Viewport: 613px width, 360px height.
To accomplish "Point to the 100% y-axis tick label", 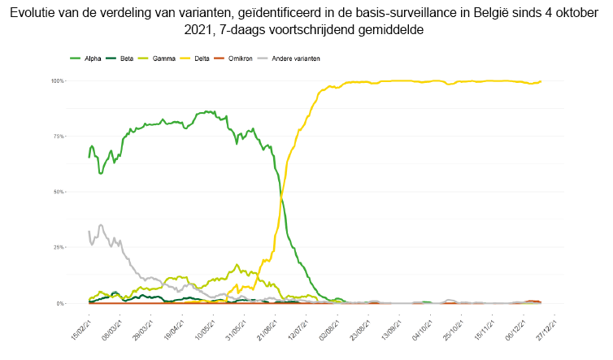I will [x=58, y=81].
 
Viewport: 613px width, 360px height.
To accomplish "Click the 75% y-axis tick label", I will [x=59, y=137].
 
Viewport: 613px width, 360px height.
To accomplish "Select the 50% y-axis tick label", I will [x=59, y=192].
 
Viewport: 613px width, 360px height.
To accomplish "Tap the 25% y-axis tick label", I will [x=59, y=247].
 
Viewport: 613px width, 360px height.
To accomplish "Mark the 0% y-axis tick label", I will [x=60, y=303].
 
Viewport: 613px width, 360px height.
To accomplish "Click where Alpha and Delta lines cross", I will [x=281, y=196].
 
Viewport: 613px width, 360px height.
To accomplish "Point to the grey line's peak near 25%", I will [x=100, y=225].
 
